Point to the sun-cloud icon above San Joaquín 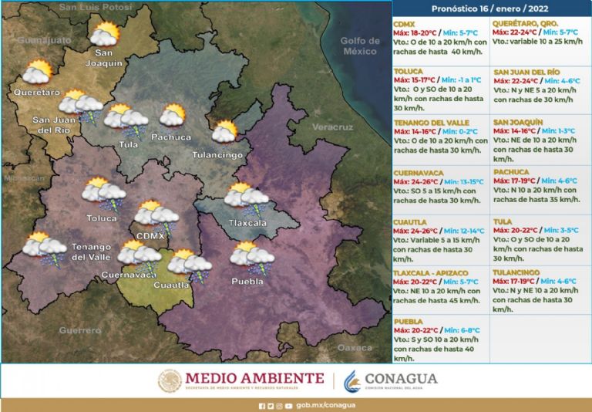104,34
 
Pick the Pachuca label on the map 171,137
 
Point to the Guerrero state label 80,330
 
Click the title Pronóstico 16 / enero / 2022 490,8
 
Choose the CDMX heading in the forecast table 404,24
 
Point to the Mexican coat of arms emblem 170,381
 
